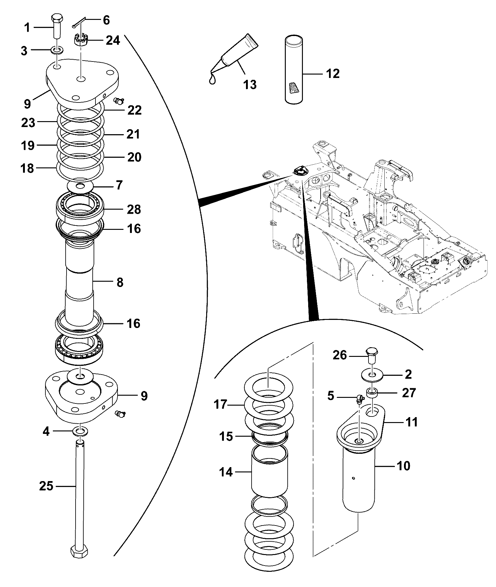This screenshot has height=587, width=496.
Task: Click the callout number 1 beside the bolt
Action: click(x=27, y=28)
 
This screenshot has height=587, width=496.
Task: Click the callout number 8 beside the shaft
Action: click(x=120, y=282)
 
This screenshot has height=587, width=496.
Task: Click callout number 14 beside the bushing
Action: click(x=226, y=472)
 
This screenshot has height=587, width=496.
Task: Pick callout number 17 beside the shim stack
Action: click(x=221, y=405)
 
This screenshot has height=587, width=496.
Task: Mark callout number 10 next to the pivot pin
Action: click(x=403, y=466)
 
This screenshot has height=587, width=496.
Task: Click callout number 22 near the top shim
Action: click(x=134, y=110)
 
